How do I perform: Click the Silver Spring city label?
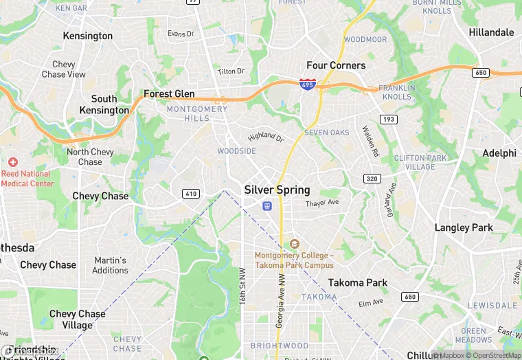click(x=277, y=190)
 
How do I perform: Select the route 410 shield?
click(x=191, y=194)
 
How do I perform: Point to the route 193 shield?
click(x=389, y=120)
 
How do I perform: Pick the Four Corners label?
click(x=336, y=65)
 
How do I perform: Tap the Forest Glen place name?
click(x=169, y=94)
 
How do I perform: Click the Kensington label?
click(x=87, y=36)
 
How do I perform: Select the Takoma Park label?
click(x=357, y=282)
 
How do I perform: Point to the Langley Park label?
click(x=464, y=227)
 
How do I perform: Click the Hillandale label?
click(x=491, y=32)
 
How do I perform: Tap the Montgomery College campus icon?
click(x=295, y=244)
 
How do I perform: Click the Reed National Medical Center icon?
click(x=13, y=162)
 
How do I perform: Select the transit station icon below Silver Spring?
click(x=267, y=205)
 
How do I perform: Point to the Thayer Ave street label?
click(x=322, y=203)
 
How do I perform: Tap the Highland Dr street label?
click(x=266, y=137)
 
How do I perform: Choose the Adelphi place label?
click(x=499, y=153)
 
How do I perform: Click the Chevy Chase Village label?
click(x=77, y=319)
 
